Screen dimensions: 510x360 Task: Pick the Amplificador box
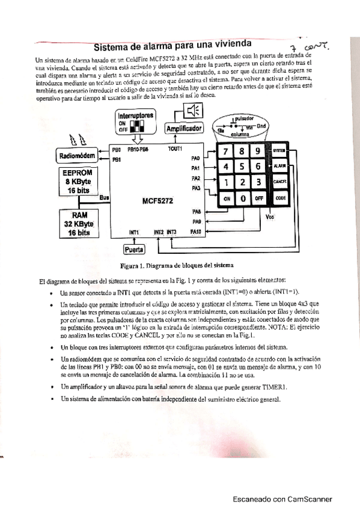pos(185,128)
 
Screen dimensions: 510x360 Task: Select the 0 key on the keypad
pos(242,198)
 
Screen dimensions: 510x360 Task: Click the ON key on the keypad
pos(227,198)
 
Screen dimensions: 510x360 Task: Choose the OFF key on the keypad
pos(258,198)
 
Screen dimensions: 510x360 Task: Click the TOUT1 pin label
pos(175,148)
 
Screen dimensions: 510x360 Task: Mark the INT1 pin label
pos(133,232)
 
